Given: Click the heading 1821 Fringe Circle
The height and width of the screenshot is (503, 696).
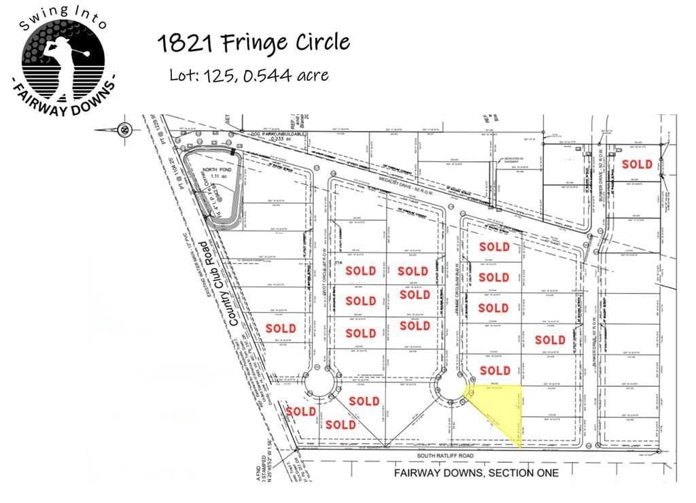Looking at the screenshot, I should [x=253, y=43].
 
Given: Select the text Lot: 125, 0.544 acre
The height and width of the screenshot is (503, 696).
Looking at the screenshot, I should [x=249, y=74].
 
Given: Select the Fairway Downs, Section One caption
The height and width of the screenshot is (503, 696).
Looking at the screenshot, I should [x=476, y=472].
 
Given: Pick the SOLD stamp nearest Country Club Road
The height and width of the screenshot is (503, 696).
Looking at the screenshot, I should [x=281, y=328].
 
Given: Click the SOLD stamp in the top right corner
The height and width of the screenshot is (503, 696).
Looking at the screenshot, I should [x=637, y=164].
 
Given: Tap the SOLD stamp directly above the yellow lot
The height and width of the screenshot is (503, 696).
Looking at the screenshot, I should [x=494, y=370].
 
